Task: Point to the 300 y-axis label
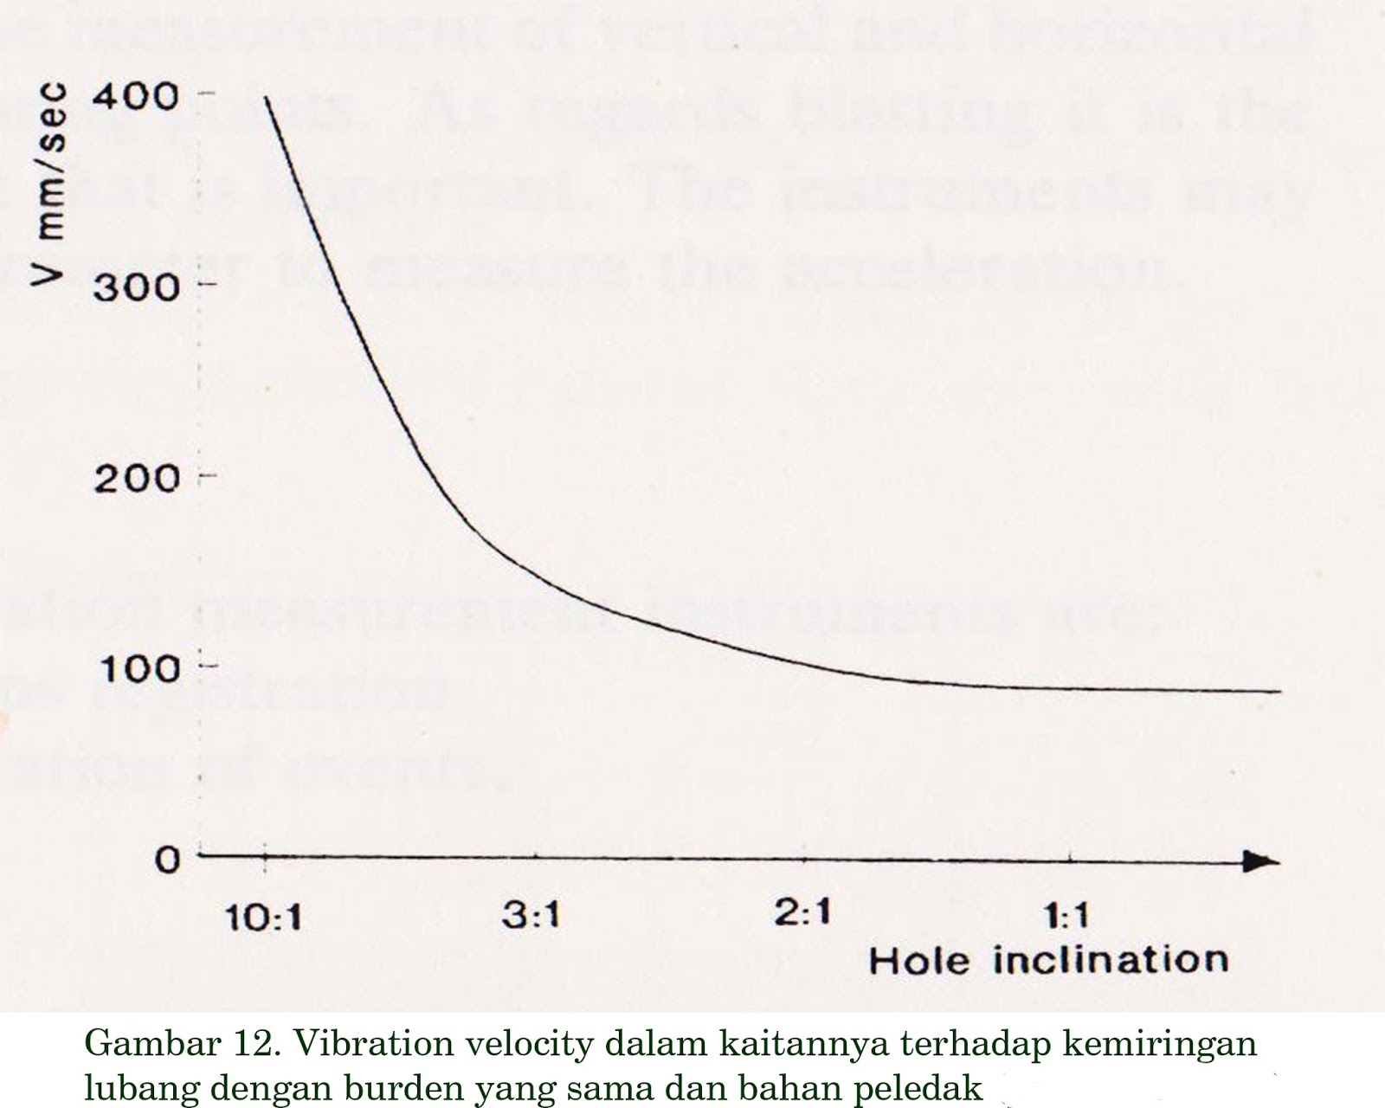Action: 137,286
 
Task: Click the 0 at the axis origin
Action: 168,860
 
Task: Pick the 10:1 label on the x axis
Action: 263,917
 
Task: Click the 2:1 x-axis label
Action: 802,913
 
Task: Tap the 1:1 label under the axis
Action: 1066,916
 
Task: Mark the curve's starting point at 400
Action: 266,98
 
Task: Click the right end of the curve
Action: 1279,692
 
